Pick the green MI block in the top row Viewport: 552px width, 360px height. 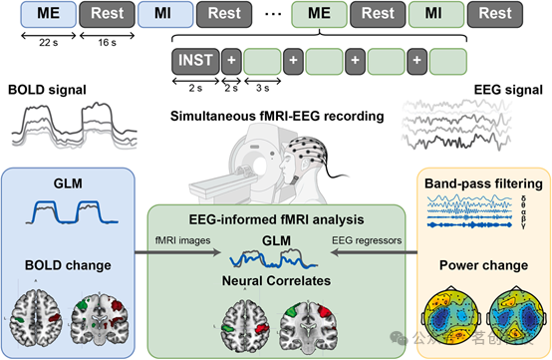coord(435,14)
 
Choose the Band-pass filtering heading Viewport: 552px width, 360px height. coord(482,183)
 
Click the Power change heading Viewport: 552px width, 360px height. coord(482,265)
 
